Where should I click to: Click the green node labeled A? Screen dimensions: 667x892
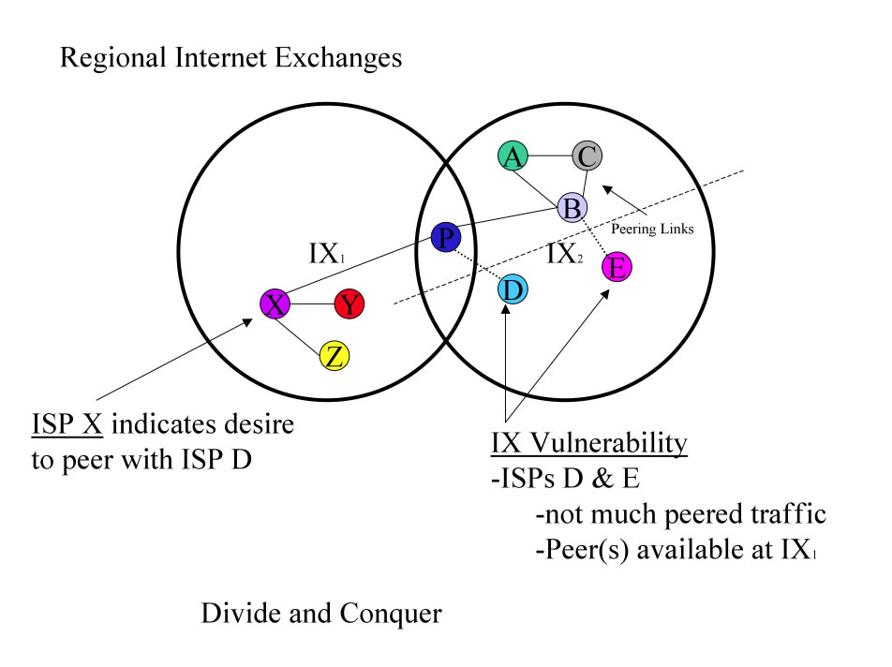512,156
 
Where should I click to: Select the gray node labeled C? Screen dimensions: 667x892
587,156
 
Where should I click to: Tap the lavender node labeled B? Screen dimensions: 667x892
572,208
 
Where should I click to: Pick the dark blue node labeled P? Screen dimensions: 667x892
445,238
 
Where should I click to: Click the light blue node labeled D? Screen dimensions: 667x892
512,289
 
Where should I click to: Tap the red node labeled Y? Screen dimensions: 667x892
349,304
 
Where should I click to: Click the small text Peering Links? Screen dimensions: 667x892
652,229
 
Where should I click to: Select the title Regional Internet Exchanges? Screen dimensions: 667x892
230,58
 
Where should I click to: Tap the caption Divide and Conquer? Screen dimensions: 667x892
320,615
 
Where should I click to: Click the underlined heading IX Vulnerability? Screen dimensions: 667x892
589,442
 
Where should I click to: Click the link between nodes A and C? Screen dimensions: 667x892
549,156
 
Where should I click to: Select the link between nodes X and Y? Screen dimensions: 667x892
313,304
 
